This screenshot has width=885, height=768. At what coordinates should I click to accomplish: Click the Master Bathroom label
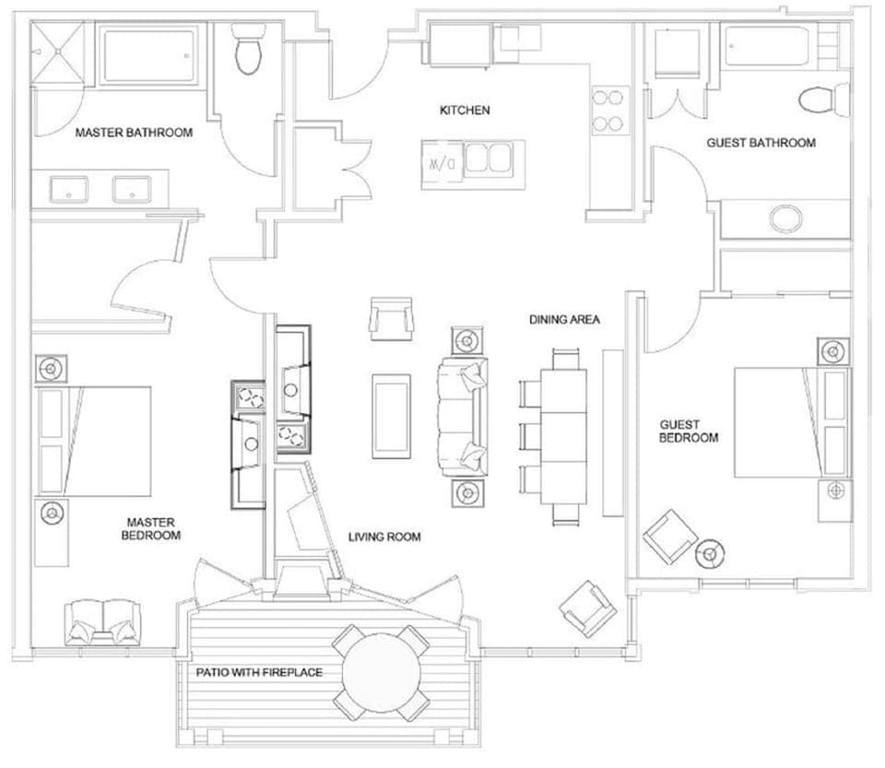pyautogui.click(x=134, y=133)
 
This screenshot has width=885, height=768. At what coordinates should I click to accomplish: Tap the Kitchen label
pyautogui.click(x=464, y=111)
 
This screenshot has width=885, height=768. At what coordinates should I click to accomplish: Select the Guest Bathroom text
pyautogui.click(x=761, y=143)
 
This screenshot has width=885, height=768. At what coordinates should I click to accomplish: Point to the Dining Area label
pyautogui.click(x=564, y=320)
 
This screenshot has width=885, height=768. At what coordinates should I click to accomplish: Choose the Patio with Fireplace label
pyautogui.click(x=259, y=672)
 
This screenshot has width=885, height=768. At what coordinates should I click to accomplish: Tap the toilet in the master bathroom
pyautogui.click(x=249, y=52)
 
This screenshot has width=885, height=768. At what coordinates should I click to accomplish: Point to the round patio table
pyautogui.click(x=382, y=672)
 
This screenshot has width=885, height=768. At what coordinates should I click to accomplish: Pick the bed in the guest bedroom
pyautogui.click(x=779, y=422)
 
